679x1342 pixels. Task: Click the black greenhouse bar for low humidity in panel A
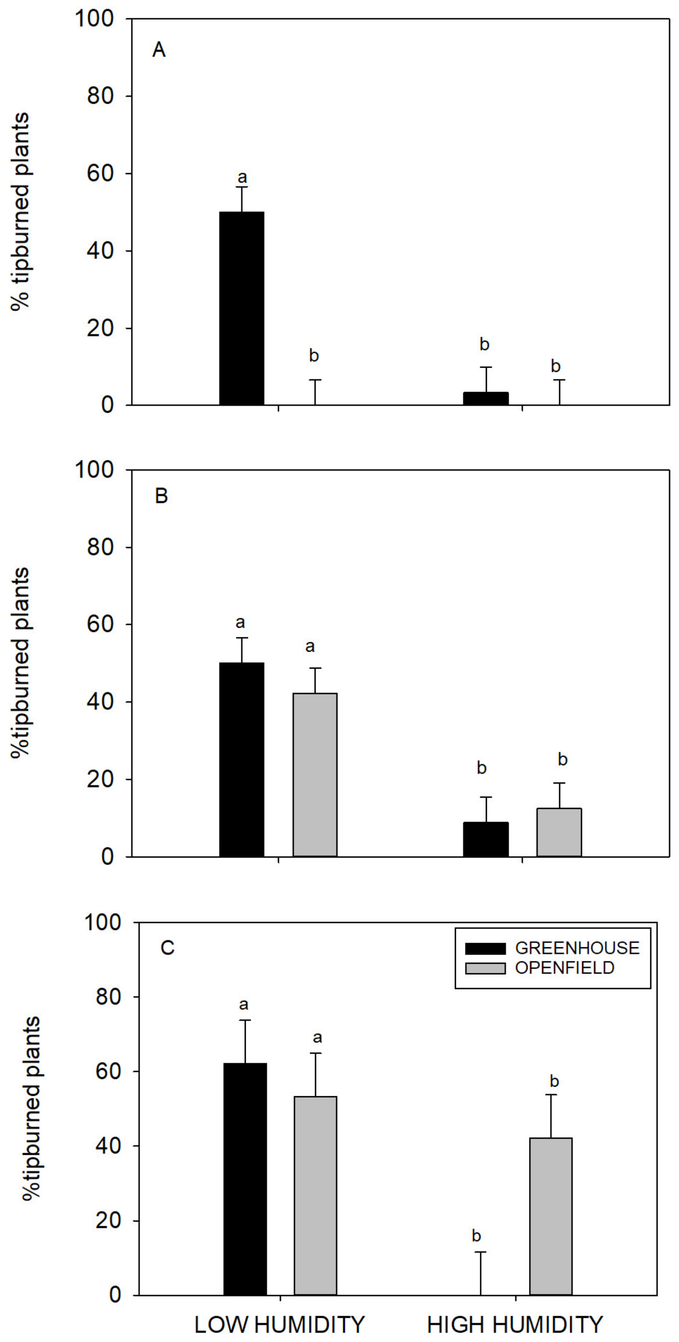coord(241,309)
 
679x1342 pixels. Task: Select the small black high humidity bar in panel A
coord(485,399)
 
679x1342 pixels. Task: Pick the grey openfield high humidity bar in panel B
coord(559,833)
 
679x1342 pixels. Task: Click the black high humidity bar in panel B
coord(485,839)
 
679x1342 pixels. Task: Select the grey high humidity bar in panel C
coord(551,1217)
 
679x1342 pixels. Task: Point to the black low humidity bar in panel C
coord(245,1179)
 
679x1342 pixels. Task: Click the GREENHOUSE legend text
coord(577,948)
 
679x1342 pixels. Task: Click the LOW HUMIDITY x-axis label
coord(280,1324)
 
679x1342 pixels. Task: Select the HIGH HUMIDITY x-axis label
coord(515,1324)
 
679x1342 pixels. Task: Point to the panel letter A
coord(159,50)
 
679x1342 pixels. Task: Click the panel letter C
coord(167,948)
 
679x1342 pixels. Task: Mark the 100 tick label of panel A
coord(94,19)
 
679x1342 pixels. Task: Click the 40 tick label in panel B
coord(100,702)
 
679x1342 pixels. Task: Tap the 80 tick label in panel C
coord(108,997)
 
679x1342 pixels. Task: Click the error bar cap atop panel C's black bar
coord(245,1020)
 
